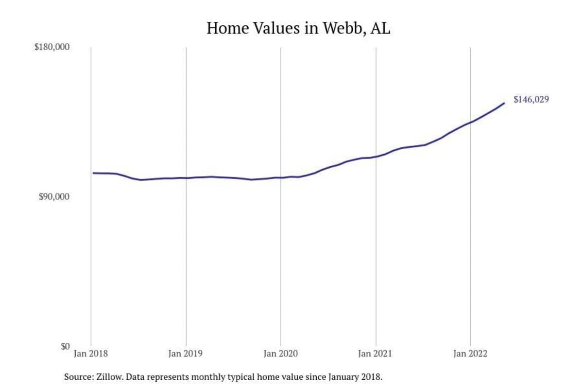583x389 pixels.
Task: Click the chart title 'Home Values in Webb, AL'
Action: (298, 28)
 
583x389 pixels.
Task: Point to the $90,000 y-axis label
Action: (54, 197)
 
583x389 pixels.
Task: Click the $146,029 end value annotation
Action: (531, 100)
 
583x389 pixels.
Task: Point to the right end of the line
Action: (504, 103)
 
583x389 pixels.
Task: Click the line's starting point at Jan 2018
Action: (93, 173)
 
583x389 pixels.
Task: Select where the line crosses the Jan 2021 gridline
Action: (376, 157)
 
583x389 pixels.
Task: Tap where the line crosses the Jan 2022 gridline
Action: (470, 122)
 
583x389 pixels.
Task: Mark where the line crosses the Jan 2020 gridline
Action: (281, 177)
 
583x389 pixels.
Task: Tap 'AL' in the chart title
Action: (380, 28)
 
